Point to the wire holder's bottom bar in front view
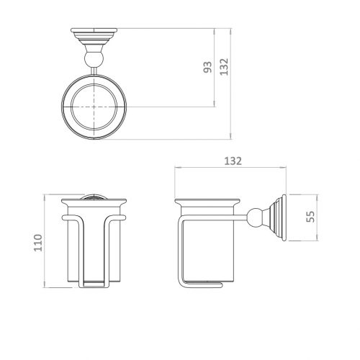(x=94, y=287)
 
